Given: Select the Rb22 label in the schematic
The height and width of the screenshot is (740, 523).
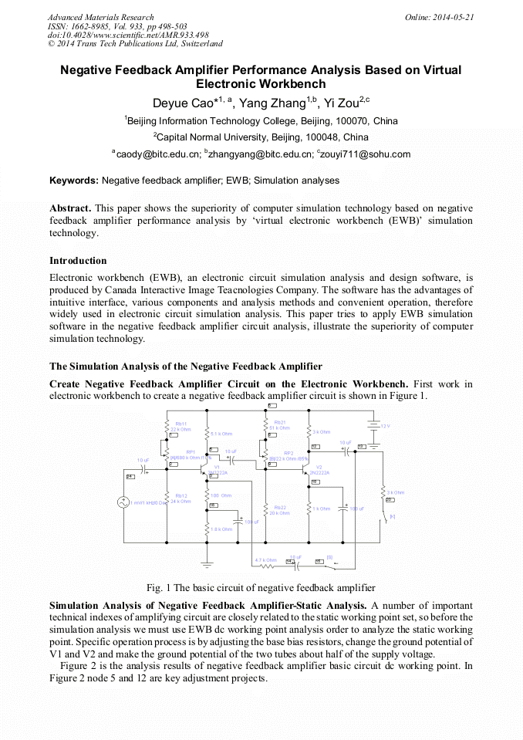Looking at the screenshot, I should point(279,507).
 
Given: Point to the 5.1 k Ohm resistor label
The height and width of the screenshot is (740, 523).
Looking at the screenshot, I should point(221,434).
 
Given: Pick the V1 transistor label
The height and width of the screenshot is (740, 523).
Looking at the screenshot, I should point(217,467).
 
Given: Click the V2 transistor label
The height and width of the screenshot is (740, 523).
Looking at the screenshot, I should point(319,467).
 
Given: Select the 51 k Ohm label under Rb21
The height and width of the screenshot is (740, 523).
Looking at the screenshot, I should point(279,428).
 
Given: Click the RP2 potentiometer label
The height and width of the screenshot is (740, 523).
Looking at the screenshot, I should point(288,453).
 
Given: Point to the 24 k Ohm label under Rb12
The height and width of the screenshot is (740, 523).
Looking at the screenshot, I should point(181,502).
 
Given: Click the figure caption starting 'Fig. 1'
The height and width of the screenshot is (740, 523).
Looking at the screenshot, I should point(261,588).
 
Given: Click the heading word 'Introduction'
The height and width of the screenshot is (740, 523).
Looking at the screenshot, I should point(78,261).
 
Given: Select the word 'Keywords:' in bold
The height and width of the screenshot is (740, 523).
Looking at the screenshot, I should point(74,181).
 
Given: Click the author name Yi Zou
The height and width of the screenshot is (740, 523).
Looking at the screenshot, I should point(339,103).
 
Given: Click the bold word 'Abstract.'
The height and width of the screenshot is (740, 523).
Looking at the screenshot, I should point(70,208).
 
